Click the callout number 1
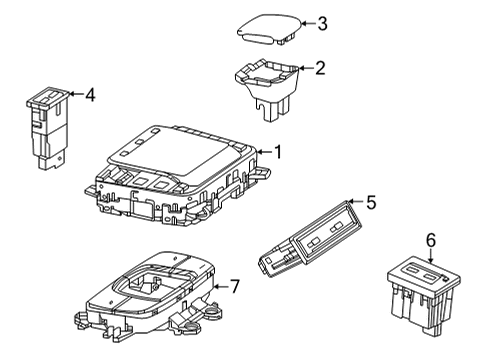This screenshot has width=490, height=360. pos(277,152)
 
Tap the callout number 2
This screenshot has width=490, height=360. pos(320,68)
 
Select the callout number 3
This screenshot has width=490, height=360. pos(322,24)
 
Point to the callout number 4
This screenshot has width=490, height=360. pos(90,94)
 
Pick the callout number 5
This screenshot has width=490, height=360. pos(371,202)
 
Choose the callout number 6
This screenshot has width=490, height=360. pos(431,240)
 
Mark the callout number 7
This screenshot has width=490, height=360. pos(235,286)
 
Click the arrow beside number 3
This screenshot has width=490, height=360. pos(308,24)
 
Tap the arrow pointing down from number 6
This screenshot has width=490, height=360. pos(431,256)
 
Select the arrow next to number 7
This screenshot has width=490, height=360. pos(221,286)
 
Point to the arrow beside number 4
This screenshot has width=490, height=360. pos(76,94)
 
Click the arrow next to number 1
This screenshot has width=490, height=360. pos(264,152)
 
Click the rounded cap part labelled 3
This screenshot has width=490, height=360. pos(269,29)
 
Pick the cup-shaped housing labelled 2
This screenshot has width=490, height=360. pos(267,88)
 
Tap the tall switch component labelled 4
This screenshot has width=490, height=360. pos(48,128)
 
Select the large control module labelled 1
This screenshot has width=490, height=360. pos(177,175)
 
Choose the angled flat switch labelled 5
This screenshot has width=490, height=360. pos(310,239)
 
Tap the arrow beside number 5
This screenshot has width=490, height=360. pos(356,202)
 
